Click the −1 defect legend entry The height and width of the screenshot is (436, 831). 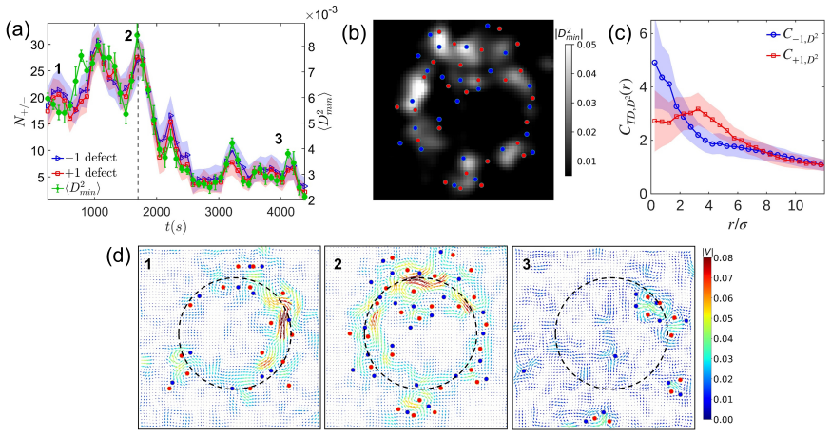pyautogui.click(x=84, y=158)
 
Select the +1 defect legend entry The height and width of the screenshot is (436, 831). pyautogui.click(x=84, y=172)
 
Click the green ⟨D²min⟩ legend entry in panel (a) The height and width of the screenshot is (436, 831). pyautogui.click(x=77, y=187)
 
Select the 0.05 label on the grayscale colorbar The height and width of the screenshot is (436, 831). pyautogui.click(x=586, y=45)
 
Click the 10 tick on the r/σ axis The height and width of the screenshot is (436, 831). pyautogui.click(x=796, y=205)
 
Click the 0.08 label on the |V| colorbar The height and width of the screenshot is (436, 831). pyautogui.click(x=724, y=257)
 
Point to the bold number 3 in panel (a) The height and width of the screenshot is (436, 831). pyautogui.click(x=279, y=140)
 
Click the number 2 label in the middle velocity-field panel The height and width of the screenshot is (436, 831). pyautogui.click(x=338, y=264)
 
